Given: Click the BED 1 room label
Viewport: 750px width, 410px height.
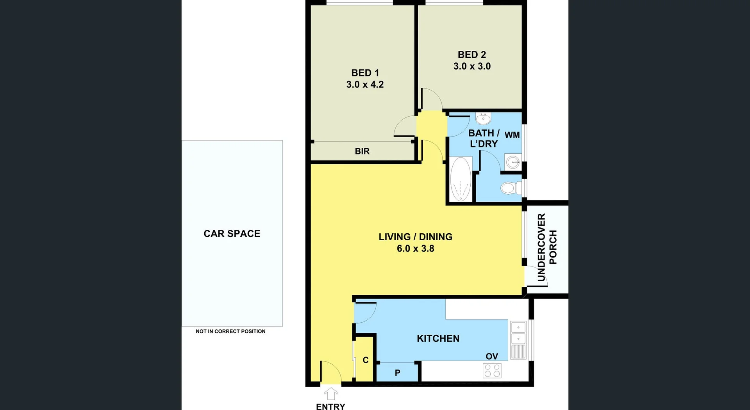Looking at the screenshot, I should tap(365, 73).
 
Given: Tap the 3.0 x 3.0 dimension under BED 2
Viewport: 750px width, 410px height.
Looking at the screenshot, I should tap(472, 66).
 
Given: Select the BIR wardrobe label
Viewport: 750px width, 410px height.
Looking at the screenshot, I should tap(362, 151).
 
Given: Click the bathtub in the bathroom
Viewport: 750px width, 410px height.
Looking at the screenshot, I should tap(461, 179).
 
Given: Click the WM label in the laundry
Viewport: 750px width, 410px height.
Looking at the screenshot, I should tap(512, 135).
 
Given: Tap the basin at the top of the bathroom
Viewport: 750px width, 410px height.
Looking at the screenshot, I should tap(483, 118).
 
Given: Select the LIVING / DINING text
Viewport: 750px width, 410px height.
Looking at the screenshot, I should tap(415, 237).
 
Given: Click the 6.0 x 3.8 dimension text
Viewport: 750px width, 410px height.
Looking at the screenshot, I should tap(415, 248).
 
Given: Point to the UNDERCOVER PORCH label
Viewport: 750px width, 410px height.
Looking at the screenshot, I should tap(547, 247).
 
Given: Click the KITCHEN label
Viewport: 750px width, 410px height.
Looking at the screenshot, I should tap(438, 339).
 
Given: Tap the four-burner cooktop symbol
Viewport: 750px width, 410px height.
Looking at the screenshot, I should tap(492, 371).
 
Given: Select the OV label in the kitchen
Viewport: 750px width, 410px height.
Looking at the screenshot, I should tap(491, 356).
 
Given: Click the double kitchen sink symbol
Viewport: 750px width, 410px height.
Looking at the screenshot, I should tap(518, 333).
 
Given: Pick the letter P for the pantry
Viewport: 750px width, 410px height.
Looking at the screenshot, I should tap(397, 373).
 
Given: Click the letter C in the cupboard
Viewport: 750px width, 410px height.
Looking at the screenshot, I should tap(365, 360).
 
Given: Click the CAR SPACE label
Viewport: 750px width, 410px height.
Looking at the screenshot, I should tap(232, 234).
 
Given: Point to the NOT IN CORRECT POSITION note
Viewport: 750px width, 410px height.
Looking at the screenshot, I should tap(230, 331).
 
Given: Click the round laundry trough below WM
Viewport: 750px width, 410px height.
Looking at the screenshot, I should tap(513, 162).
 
